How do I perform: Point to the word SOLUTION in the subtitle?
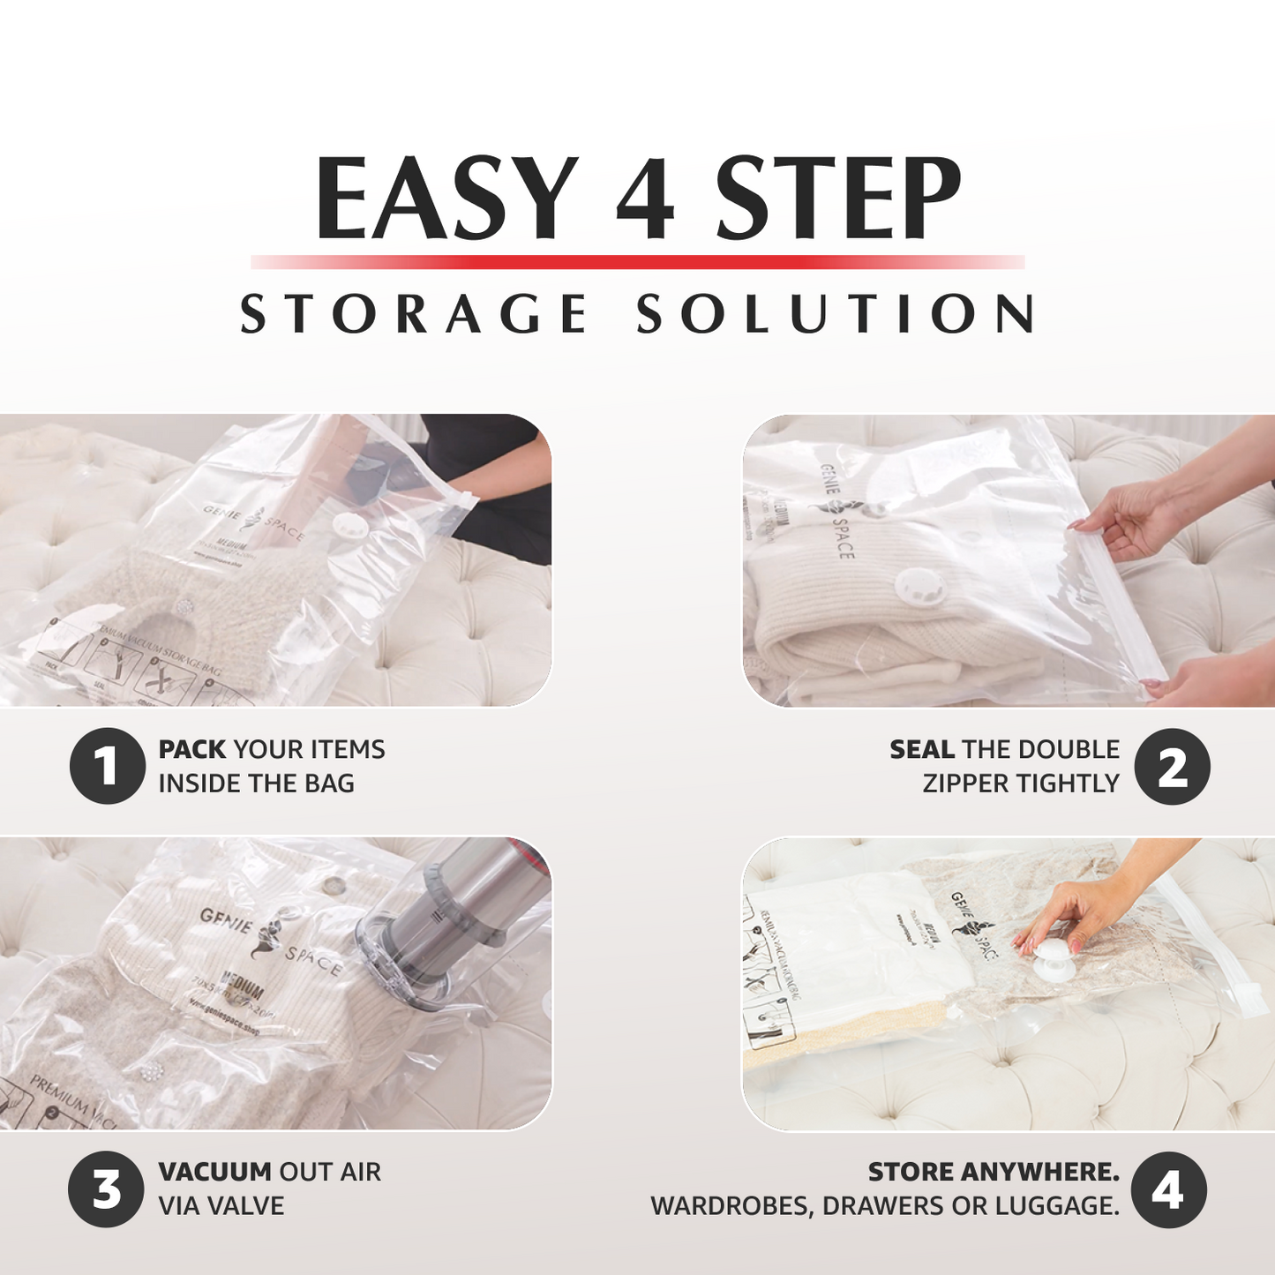(x=836, y=314)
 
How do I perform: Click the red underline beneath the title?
(x=637, y=262)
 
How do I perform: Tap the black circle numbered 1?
(x=107, y=766)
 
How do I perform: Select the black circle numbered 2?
(x=1172, y=766)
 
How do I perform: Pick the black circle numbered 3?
(x=107, y=1189)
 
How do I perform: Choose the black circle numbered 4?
(x=1168, y=1189)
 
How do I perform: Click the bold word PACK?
(x=192, y=749)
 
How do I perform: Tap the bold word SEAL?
(x=921, y=749)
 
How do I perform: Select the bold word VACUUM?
(x=214, y=1172)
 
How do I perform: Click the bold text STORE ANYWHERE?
(x=994, y=1172)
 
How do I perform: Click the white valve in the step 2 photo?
(x=921, y=587)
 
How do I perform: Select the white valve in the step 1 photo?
(x=350, y=527)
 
